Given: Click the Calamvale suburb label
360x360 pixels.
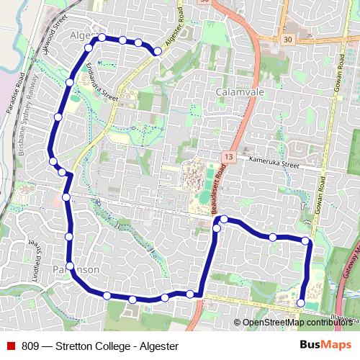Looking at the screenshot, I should (237, 93).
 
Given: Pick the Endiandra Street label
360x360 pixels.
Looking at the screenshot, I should (100, 81).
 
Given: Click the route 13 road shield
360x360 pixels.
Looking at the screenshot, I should (228, 156).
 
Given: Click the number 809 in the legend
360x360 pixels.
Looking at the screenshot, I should (31, 346).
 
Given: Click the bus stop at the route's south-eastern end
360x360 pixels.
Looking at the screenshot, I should (301, 303).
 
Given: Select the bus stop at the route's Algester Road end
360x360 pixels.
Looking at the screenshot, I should (157, 51).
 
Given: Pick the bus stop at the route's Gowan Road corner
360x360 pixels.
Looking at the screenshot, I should (306, 240).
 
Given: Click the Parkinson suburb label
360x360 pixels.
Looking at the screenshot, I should (76, 269).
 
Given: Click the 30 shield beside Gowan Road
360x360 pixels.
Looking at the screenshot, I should (288, 39).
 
